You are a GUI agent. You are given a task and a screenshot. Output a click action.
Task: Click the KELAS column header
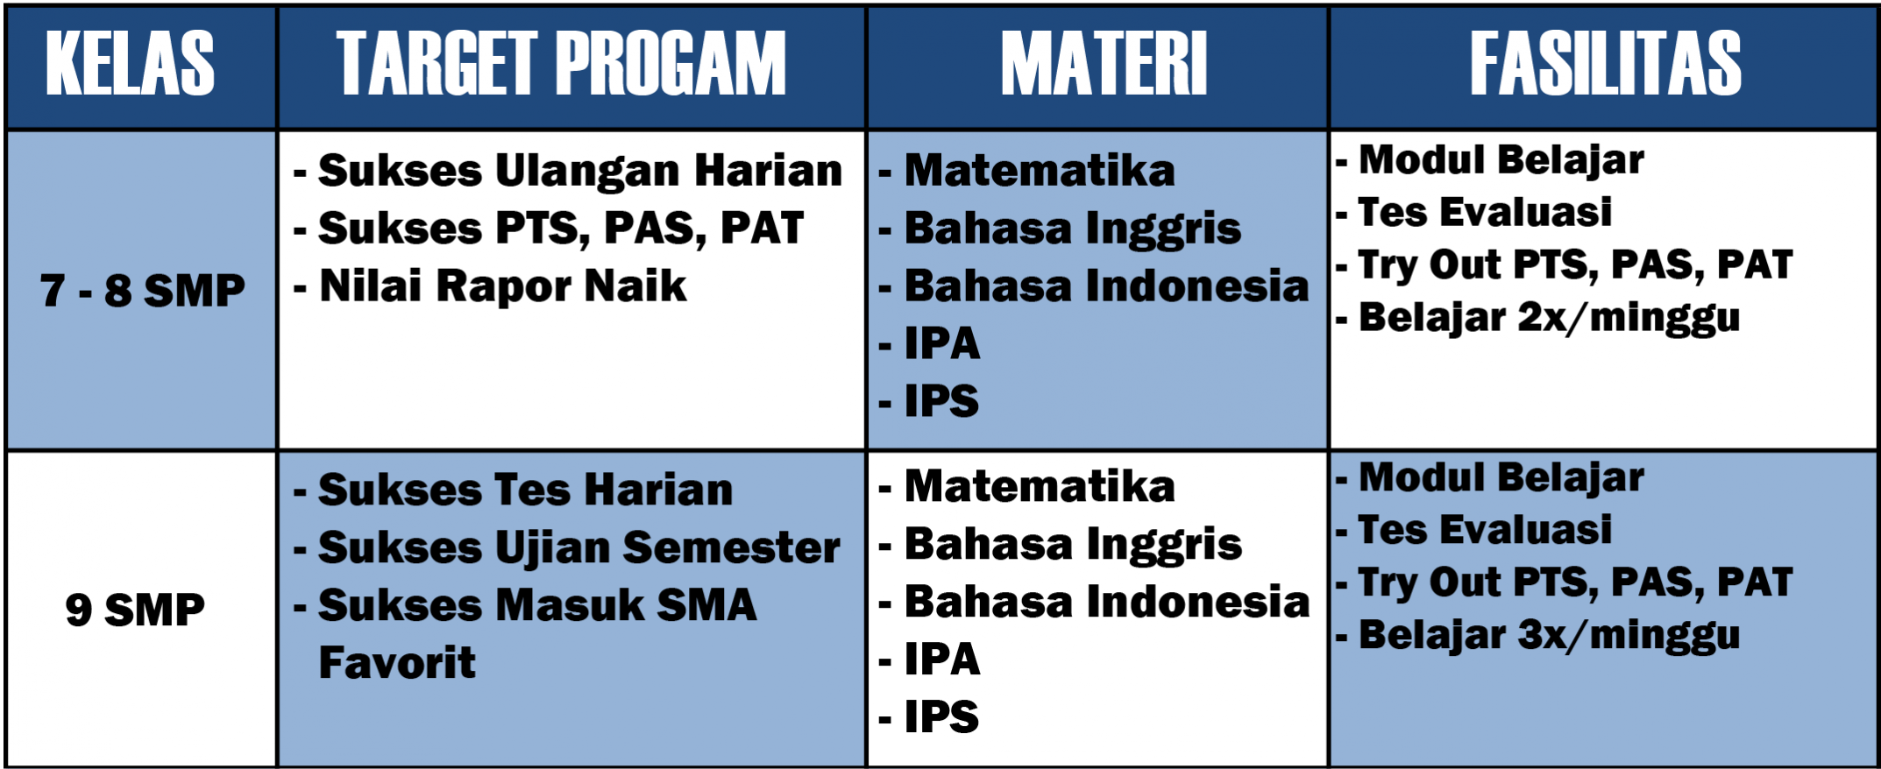click(130, 63)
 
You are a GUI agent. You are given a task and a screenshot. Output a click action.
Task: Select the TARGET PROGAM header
click(561, 63)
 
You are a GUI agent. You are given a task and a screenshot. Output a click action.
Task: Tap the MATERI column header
click(1104, 63)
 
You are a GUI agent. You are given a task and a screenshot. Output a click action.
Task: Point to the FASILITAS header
click(1606, 63)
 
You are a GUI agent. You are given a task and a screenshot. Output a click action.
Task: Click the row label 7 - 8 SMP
click(143, 291)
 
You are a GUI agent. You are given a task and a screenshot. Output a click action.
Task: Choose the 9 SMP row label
click(135, 610)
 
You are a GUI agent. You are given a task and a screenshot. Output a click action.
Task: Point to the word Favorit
click(397, 662)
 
